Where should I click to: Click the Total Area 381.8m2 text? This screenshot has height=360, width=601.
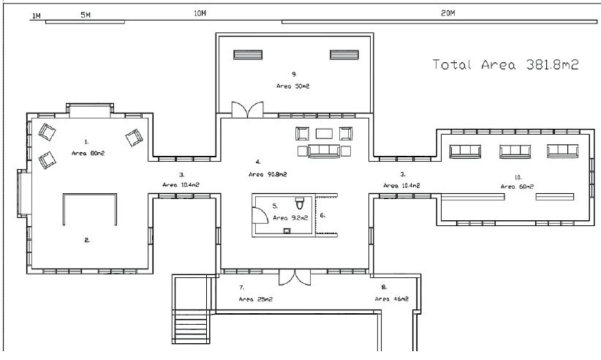[505, 64]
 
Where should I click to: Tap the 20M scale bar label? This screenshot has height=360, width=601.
[447, 13]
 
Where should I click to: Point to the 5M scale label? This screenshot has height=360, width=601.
[86, 15]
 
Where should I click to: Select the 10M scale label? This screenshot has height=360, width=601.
[200, 13]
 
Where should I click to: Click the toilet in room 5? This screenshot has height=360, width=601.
[299, 203]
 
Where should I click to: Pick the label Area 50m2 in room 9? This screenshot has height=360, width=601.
[293, 86]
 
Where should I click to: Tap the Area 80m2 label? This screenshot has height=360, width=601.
[88, 154]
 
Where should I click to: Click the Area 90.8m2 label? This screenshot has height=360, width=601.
[268, 174]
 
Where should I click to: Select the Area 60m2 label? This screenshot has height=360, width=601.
[517, 187]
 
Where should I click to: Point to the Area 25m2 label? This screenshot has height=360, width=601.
[256, 299]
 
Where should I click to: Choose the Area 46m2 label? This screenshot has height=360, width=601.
[392, 299]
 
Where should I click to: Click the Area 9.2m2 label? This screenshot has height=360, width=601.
[290, 218]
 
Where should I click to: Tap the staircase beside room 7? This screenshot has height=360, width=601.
[191, 326]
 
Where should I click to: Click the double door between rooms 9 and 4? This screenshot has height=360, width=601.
[248, 110]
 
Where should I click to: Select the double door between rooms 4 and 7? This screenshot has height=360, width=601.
[295, 277]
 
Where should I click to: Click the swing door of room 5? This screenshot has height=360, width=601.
[260, 215]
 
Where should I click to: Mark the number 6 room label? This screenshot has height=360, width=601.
[322, 215]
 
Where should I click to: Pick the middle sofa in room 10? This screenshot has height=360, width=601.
[515, 151]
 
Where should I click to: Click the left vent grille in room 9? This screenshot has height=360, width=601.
[248, 55]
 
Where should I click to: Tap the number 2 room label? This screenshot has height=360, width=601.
[87, 241]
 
